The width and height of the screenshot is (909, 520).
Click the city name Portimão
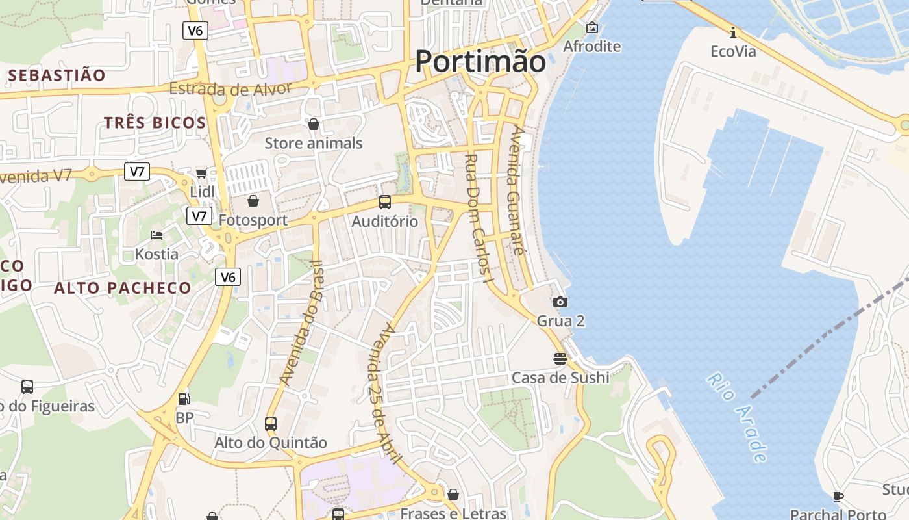pyautogui.click(x=480, y=61)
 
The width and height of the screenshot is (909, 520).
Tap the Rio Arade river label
pyautogui.click(x=738, y=417)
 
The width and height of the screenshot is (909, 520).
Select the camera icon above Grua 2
pyautogui.click(x=560, y=302)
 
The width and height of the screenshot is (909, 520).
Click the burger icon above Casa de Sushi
pyautogui.click(x=560, y=358)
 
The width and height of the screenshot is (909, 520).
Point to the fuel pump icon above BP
pyautogui.click(x=184, y=398)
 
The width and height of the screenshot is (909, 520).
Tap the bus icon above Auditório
pyautogui.click(x=385, y=202)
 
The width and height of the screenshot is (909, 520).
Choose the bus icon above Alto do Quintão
pyautogui.click(x=271, y=424)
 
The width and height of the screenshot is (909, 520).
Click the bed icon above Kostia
pyautogui.click(x=156, y=235)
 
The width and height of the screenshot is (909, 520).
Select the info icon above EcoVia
pyautogui.click(x=733, y=32)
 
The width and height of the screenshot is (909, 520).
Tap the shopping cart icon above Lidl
pyautogui.click(x=201, y=173)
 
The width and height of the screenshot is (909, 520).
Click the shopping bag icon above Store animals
pyautogui.click(x=314, y=123)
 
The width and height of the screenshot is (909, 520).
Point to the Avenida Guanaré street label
pyautogui.click(x=517, y=190)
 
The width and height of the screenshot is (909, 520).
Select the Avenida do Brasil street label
pyautogui.click(x=301, y=322)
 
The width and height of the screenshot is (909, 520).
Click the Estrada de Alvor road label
pyautogui.click(x=230, y=89)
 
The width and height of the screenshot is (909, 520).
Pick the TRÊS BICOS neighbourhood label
pyautogui.click(x=155, y=122)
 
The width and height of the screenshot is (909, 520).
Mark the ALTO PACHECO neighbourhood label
pyautogui.click(x=123, y=288)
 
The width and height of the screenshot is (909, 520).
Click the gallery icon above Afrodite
pyautogui.click(x=591, y=27)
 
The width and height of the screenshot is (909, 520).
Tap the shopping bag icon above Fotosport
pyautogui.click(x=253, y=201)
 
